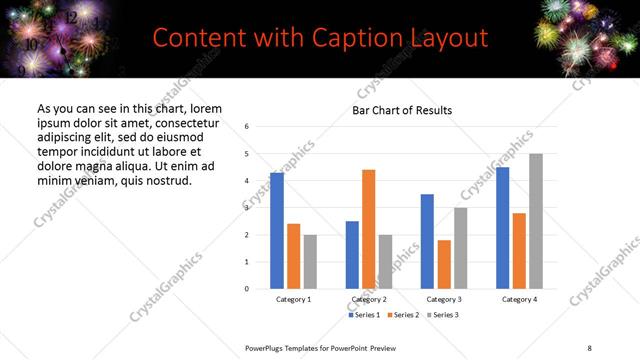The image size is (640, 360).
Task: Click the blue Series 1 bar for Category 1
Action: [x=277, y=231]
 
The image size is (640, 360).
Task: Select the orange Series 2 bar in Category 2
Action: [x=368, y=229]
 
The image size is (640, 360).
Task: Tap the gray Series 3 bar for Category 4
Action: [x=536, y=221]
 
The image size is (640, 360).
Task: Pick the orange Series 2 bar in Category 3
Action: [x=444, y=264]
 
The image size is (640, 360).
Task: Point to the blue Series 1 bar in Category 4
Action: [x=503, y=228]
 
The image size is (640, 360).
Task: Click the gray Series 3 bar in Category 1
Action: [x=310, y=262]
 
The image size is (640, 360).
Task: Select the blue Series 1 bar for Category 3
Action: [x=427, y=241]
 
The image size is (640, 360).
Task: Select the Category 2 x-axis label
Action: [x=368, y=300]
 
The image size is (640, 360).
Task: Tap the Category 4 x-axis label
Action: [x=520, y=300]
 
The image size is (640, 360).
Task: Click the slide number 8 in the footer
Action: [x=588, y=347]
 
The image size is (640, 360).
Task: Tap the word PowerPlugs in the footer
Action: [x=268, y=347]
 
